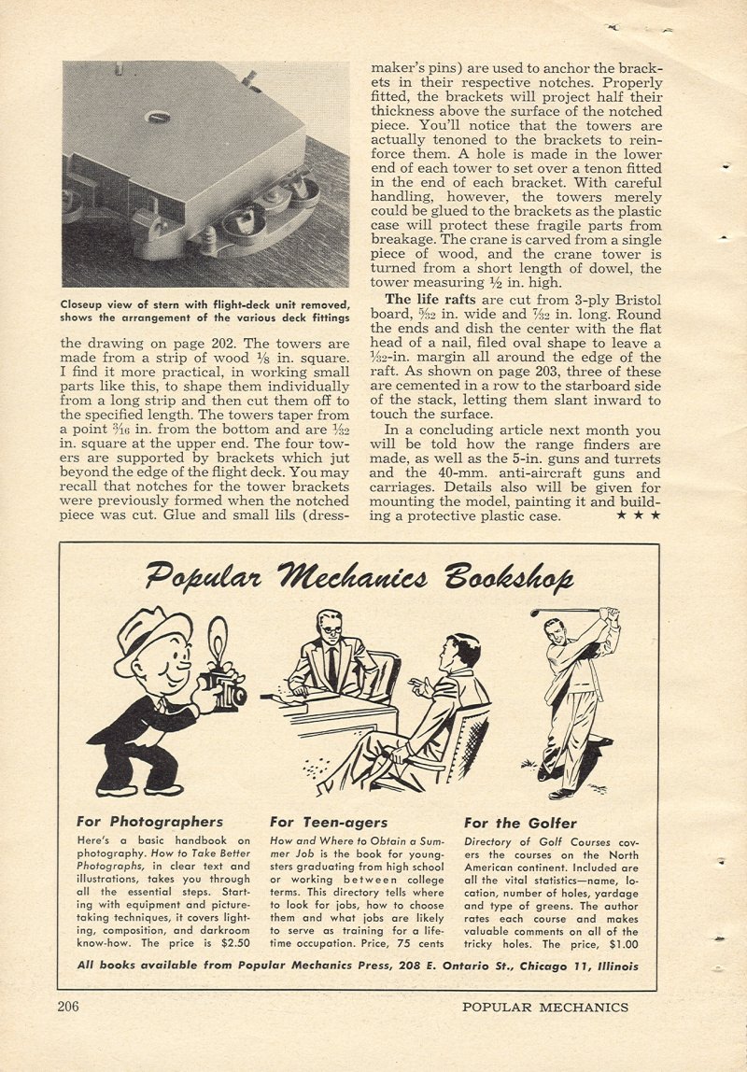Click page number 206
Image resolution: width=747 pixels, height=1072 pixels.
(67, 1007)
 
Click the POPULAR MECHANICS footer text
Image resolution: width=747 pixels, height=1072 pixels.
(544, 1007)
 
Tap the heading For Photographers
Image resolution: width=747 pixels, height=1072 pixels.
(150, 823)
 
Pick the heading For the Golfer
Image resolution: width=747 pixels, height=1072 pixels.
(520, 823)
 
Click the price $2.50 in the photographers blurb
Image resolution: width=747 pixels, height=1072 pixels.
(233, 945)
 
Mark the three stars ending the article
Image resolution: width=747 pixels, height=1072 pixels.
(642, 515)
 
